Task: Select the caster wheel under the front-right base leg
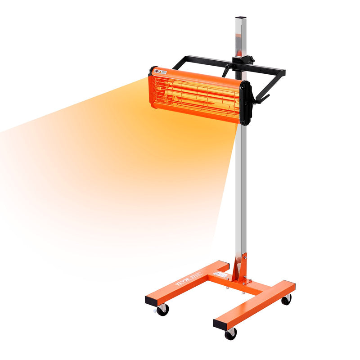pos(230,333)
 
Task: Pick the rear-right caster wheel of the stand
pos(286,299)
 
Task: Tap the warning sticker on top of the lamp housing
pos(161,71)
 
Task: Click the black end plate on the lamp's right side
pos(245,103)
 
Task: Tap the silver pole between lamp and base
pos(241,189)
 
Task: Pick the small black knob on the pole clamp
pos(251,58)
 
